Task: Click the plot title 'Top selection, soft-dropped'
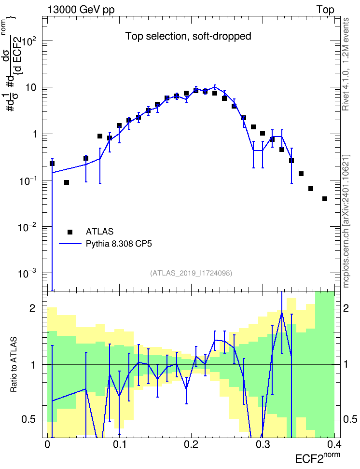(x=188, y=36)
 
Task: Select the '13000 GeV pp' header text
(x=81, y=10)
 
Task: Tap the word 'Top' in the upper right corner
(x=325, y=10)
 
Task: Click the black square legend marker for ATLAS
(x=70, y=232)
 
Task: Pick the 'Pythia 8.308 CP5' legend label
(x=119, y=244)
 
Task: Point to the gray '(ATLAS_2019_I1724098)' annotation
(x=191, y=273)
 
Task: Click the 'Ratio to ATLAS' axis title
(x=14, y=365)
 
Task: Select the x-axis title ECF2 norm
(x=318, y=457)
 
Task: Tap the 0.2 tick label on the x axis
(x=191, y=444)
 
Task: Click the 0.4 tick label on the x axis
(x=334, y=444)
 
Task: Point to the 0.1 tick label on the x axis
(x=119, y=444)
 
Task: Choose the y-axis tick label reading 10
(x=30, y=88)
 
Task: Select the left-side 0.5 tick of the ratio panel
(x=29, y=419)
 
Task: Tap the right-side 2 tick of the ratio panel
(x=346, y=308)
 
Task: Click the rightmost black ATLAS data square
(x=325, y=199)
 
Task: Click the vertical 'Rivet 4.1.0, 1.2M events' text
(x=346, y=64)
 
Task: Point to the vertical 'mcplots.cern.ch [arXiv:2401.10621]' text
(x=346, y=221)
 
